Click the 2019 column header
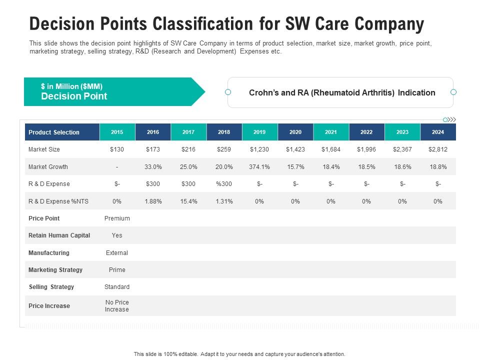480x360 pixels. point(259,132)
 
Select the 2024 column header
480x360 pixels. point(438,132)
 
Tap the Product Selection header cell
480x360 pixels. point(54,132)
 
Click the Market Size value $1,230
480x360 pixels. point(259,149)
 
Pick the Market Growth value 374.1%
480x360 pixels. point(259,166)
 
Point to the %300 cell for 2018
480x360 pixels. point(224,184)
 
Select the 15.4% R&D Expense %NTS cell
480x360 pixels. point(188,201)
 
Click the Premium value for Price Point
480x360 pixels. point(117,218)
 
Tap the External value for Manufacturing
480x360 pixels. point(117,253)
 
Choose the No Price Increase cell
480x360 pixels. point(117,306)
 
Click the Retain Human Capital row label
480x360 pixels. point(59,235)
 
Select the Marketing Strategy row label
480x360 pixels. point(55,270)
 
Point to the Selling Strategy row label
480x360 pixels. point(51,287)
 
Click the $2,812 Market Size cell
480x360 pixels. point(438,149)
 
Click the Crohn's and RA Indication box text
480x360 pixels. point(342,92)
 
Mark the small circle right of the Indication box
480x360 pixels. point(453,92)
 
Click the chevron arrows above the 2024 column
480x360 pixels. point(451,119)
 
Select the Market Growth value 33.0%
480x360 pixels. point(153,166)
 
